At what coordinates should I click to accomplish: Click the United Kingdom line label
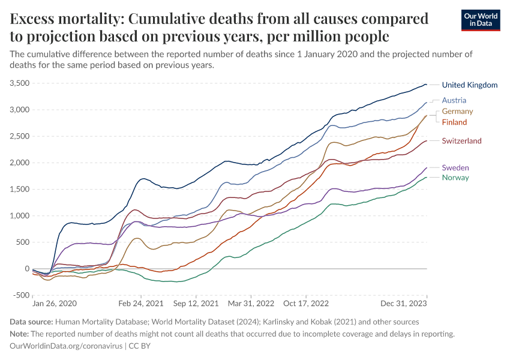tap(469, 85)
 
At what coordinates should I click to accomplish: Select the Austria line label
tap(454, 100)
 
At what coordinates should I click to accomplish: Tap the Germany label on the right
tap(457, 112)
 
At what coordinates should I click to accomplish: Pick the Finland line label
tap(454, 122)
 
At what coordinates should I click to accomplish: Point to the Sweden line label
tap(455, 167)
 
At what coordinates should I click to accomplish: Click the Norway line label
tap(455, 178)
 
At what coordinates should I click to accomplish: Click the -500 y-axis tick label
tap(22, 295)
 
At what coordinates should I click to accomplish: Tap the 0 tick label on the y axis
tap(27, 269)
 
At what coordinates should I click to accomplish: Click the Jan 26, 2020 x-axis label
tap(55, 305)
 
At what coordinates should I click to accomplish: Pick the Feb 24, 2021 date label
tap(141, 305)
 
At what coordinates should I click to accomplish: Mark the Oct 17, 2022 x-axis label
tap(306, 305)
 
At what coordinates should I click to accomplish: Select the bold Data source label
tap(31, 322)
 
